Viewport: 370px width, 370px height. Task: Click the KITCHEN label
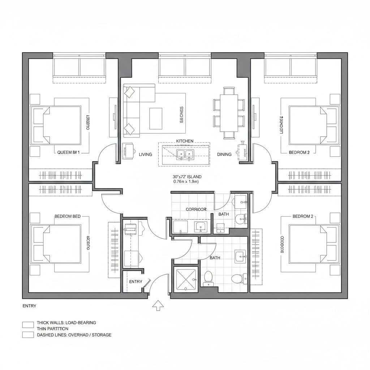(x=185, y=141)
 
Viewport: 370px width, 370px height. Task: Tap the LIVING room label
(x=145, y=154)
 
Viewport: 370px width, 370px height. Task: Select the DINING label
(x=224, y=154)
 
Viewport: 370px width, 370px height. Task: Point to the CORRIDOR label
(x=196, y=209)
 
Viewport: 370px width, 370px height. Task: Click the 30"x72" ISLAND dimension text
(x=187, y=177)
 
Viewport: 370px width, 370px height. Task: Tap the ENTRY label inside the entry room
(x=135, y=281)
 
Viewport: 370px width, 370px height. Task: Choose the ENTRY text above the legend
(x=29, y=306)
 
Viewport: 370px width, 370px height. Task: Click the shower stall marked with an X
(x=185, y=280)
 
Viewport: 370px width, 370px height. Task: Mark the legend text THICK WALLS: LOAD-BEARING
(x=66, y=323)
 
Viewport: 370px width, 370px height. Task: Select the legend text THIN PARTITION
(x=52, y=329)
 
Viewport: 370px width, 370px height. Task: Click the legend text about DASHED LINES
(x=74, y=335)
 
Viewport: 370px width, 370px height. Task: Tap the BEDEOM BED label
(x=68, y=216)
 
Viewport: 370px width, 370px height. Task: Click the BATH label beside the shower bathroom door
(x=215, y=258)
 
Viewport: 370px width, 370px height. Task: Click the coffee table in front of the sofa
(x=156, y=119)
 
